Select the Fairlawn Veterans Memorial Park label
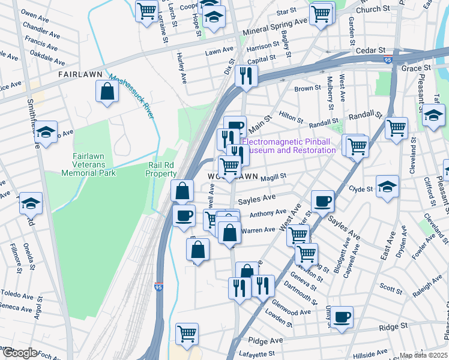(x=88, y=164)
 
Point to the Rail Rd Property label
(x=161, y=169)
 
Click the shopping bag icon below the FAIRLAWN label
(x=107, y=92)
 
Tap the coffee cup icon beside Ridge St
(x=342, y=317)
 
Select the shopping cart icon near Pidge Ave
(x=187, y=333)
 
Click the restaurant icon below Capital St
(x=246, y=76)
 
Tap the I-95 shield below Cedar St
(x=388, y=59)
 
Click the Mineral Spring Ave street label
(x=274, y=26)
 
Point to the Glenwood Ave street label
(x=292, y=312)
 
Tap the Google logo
(x=19, y=353)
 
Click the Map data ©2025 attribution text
(x=424, y=355)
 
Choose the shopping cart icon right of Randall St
(x=396, y=128)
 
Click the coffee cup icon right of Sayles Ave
(x=322, y=201)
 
